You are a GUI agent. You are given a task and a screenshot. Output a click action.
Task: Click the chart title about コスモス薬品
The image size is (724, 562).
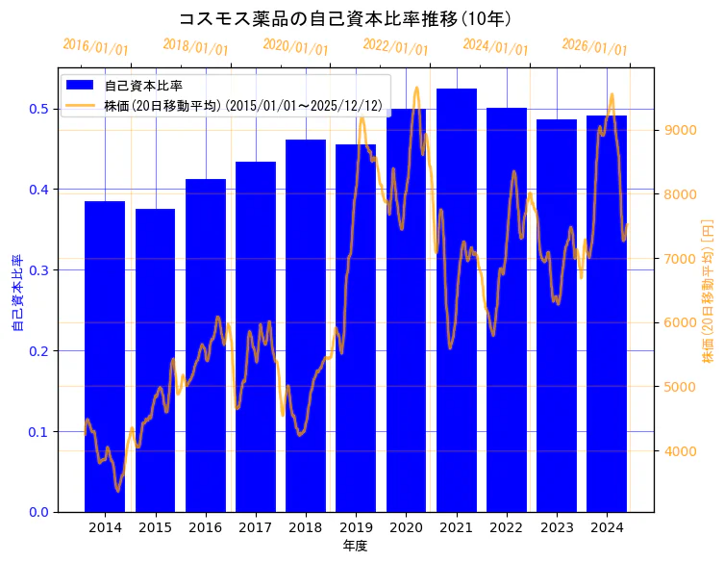pyautogui.click(x=345, y=18)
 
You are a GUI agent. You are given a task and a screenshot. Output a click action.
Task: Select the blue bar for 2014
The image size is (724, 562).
pyautogui.click(x=105, y=356)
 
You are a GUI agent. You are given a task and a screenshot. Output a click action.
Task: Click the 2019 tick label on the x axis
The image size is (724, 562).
pyautogui.click(x=356, y=527)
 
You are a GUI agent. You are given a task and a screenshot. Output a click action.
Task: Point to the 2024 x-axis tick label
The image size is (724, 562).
pyautogui.click(x=607, y=527)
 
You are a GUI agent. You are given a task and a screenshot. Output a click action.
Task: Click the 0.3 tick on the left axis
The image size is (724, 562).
pyautogui.click(x=37, y=269)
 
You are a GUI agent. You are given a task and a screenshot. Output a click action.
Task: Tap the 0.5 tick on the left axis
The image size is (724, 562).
pyautogui.click(x=37, y=109)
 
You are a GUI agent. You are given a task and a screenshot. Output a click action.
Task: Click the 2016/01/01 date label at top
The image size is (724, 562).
pyautogui.click(x=95, y=47)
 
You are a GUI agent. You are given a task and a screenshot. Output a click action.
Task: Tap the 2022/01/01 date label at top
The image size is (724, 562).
pyautogui.click(x=395, y=47)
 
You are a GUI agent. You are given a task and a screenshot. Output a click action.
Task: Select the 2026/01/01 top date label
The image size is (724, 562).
pyautogui.click(x=594, y=47)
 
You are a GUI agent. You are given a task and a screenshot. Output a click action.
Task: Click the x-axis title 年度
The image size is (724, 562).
pyautogui.click(x=356, y=546)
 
